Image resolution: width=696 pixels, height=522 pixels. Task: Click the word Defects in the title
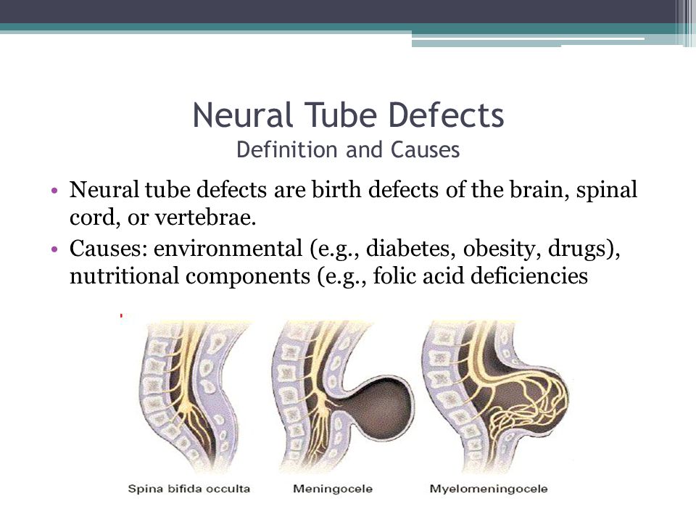(447, 115)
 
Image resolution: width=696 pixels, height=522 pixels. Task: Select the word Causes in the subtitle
(426, 149)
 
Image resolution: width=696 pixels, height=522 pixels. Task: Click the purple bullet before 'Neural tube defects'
(54, 191)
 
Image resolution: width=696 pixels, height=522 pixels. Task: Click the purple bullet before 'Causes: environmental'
(54, 249)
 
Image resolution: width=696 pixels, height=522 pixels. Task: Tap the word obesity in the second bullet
(502, 249)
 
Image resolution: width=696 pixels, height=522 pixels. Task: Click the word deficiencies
(529, 275)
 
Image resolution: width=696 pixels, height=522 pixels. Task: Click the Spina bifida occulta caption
(189, 489)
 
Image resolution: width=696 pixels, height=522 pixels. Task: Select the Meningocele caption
(333, 489)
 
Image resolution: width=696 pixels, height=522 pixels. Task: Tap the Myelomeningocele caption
(489, 489)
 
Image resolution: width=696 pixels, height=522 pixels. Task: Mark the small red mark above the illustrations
(121, 315)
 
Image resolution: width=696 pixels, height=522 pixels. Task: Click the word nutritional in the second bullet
(124, 275)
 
